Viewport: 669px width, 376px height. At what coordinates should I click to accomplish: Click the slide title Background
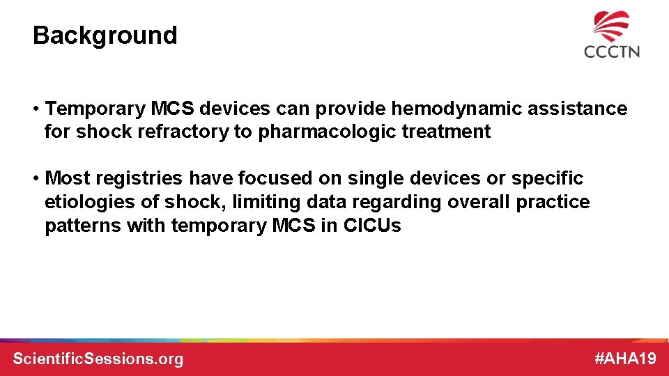pyautogui.click(x=105, y=36)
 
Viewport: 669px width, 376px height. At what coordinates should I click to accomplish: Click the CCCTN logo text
pyautogui.click(x=611, y=52)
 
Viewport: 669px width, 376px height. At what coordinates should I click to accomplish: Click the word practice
pyautogui.click(x=553, y=203)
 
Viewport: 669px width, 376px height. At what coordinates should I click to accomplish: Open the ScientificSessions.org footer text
pyautogui.click(x=98, y=359)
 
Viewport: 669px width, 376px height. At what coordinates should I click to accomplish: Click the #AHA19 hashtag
pyautogui.click(x=625, y=359)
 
